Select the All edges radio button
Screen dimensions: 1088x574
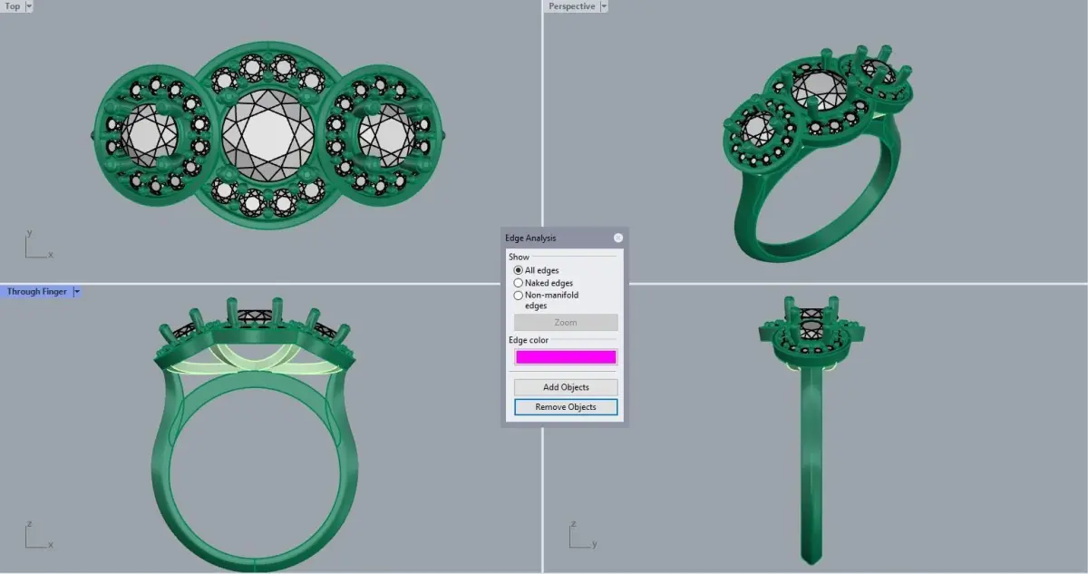click(x=519, y=270)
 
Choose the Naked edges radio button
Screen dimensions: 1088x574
click(x=519, y=283)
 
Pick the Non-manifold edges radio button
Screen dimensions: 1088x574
click(x=519, y=296)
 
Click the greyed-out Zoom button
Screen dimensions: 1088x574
click(x=566, y=323)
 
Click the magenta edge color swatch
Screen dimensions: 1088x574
click(x=566, y=357)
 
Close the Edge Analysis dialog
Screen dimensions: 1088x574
click(x=617, y=238)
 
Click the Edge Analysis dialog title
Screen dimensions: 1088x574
click(x=530, y=238)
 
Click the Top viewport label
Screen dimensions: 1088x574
click(x=12, y=6)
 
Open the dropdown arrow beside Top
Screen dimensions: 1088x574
click(x=29, y=6)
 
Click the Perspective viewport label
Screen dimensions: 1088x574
click(x=572, y=6)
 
